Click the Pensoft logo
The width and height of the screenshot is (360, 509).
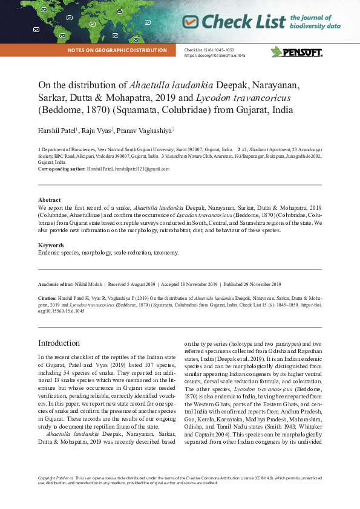(296, 52)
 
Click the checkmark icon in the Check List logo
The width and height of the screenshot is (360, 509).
(191, 22)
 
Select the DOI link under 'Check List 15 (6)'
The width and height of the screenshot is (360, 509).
(215, 55)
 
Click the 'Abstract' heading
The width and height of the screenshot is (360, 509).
(49, 199)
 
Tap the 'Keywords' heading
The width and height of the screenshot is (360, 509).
(51, 245)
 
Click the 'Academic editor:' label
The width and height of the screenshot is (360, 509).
(56, 284)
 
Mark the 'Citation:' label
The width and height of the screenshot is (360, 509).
(47, 298)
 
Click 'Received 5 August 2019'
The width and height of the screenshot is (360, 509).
(133, 284)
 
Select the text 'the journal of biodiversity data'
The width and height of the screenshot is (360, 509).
(315, 22)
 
